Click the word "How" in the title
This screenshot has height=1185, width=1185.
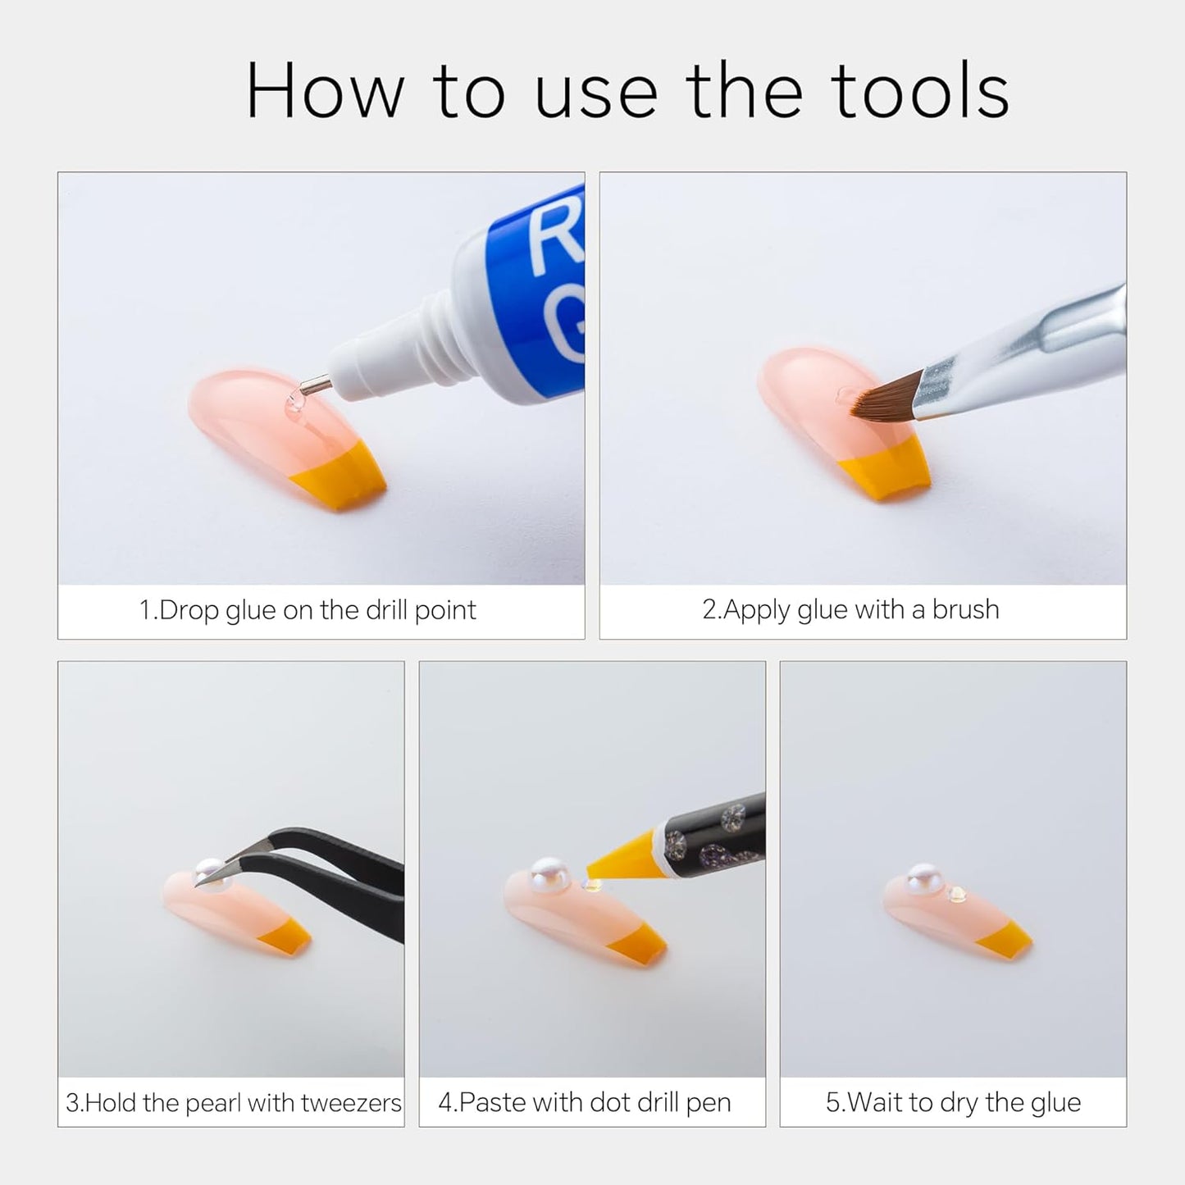(x=325, y=90)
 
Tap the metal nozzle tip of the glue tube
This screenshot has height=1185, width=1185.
(x=315, y=385)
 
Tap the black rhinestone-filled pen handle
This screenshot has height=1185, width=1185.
(x=713, y=830)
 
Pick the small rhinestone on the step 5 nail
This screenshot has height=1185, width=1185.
(x=956, y=894)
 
